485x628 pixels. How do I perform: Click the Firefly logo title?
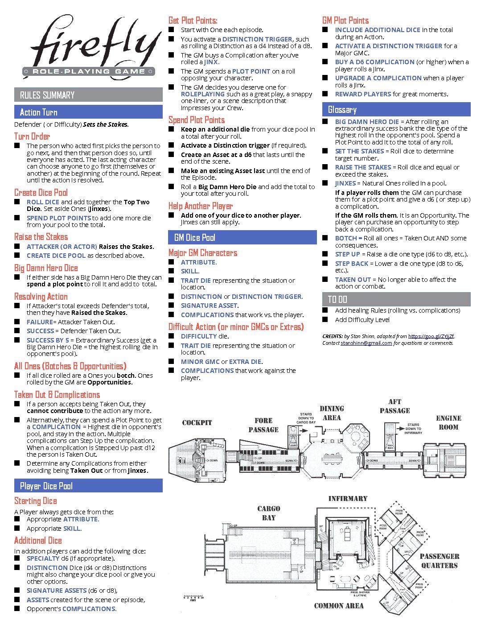[x=91, y=45]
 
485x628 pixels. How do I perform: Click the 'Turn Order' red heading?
[x=32, y=136]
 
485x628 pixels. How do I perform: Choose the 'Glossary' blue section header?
[x=342, y=110]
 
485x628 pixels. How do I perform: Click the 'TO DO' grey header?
[x=337, y=299]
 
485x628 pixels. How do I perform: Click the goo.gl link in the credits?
[x=431, y=336]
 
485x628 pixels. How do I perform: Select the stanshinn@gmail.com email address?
[x=366, y=343]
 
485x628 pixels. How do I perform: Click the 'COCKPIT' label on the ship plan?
[x=197, y=423]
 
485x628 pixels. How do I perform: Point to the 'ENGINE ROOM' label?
[x=448, y=422]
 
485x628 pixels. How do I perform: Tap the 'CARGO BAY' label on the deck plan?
[x=269, y=513]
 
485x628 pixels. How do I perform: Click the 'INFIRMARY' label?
[x=348, y=499]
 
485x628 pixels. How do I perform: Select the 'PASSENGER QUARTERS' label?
[x=440, y=561]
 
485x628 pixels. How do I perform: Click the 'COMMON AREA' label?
[x=339, y=606]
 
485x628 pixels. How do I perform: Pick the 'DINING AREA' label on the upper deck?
[x=332, y=413]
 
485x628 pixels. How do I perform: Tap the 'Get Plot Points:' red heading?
[x=193, y=21]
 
